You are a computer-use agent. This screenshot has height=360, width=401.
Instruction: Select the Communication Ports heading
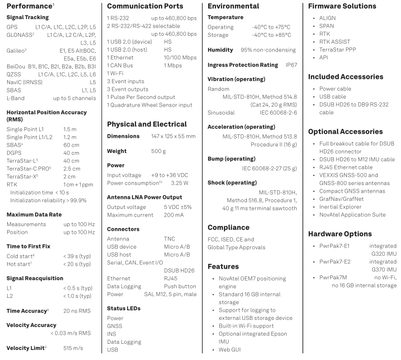click(x=145, y=7)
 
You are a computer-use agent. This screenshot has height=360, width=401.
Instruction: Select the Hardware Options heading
click(x=340, y=234)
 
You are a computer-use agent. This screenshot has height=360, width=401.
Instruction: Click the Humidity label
click(x=220, y=50)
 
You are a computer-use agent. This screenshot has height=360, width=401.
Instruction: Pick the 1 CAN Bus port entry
click(x=123, y=65)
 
